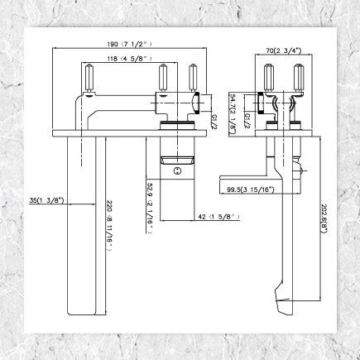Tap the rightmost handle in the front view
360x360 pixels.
[x=194, y=79]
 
